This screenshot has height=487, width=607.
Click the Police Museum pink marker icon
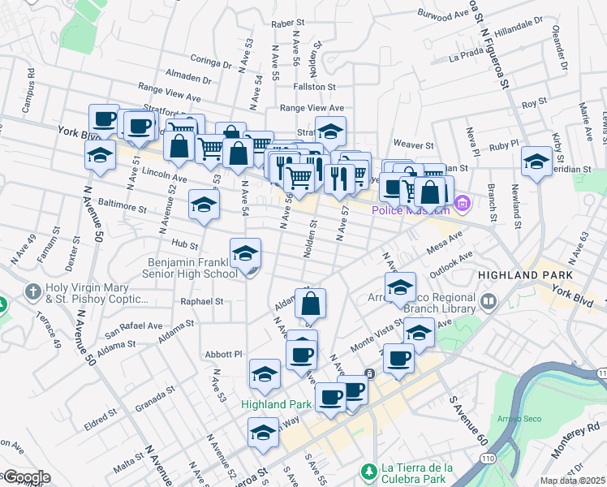click(463, 203)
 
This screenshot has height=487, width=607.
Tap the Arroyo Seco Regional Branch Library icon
click(489, 303)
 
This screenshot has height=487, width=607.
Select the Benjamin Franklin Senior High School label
click(192, 268)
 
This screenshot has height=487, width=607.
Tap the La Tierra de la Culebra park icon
click(368, 471)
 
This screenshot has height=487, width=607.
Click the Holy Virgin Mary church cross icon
click(32, 291)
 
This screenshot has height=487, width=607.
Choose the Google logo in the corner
click(26, 477)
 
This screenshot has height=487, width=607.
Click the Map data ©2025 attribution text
click(573, 481)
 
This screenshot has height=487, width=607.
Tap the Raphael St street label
click(202, 301)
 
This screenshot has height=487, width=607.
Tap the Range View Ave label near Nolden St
click(312, 107)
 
